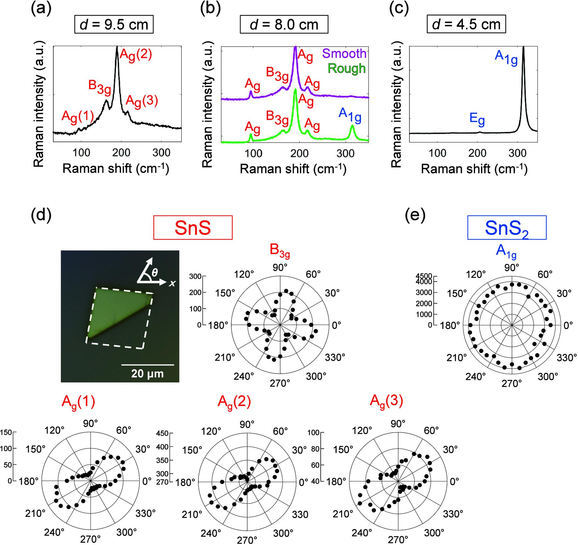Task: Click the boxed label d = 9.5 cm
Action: tap(114, 25)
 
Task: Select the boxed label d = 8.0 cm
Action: tap(284, 25)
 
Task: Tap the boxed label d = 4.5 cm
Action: tap(466, 25)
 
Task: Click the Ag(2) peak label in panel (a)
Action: tap(136, 55)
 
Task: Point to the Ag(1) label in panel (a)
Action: tap(77, 117)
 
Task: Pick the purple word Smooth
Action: tap(344, 54)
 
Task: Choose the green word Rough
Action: tap(347, 68)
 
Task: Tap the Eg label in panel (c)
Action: tap(477, 119)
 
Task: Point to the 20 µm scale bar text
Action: tap(147, 373)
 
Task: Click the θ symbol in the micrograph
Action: tap(155, 273)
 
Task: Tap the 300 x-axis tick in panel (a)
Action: tap(161, 152)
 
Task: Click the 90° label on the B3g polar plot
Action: tap(280, 268)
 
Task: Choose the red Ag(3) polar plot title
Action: tap(386, 402)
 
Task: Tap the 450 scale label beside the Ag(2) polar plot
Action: tap(163, 433)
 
